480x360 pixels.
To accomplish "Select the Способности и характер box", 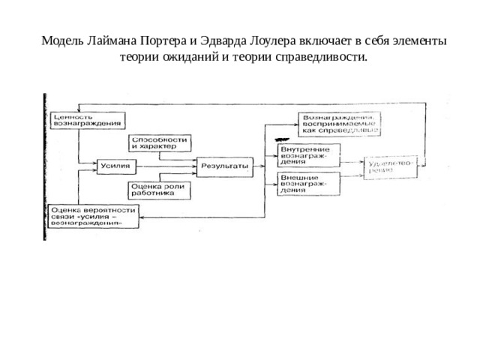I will pos(160,143).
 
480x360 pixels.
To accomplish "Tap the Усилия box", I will pos(116,165).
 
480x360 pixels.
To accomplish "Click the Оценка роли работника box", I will pos(160,189).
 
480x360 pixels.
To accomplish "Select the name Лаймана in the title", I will pos(109,42).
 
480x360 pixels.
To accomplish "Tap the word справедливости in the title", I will pos(324,57).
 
